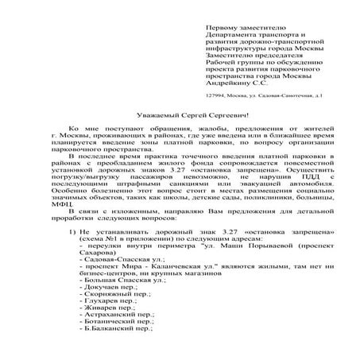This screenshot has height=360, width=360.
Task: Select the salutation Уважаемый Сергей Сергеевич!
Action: tap(179, 115)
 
